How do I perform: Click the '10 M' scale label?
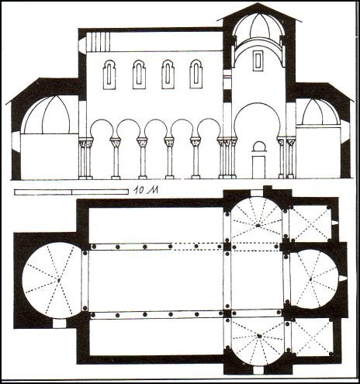[146, 190]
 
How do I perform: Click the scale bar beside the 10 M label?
[71, 192]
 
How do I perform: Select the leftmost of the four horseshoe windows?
[109, 74]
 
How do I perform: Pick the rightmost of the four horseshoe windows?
[196, 74]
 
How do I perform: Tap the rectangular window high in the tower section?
[258, 61]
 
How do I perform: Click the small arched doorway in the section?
[259, 160]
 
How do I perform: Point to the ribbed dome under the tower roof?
[258, 26]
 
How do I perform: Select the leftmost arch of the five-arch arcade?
[102, 130]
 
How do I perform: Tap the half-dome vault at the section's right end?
[318, 112]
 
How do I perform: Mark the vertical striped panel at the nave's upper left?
[98, 42]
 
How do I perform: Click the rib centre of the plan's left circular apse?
[59, 280]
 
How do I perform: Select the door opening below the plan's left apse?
[59, 323]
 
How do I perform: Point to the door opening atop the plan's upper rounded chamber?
[257, 193]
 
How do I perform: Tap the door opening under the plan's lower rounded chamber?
[258, 370]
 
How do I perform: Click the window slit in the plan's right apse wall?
[342, 278]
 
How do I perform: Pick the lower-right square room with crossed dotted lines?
[312, 337]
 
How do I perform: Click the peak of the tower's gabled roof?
[258, 3]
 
